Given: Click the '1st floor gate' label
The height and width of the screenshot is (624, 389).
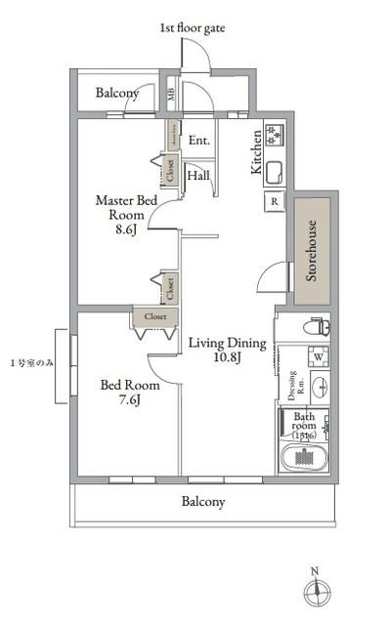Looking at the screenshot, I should click(x=193, y=29).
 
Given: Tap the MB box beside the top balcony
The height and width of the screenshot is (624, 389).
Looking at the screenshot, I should click(x=171, y=95).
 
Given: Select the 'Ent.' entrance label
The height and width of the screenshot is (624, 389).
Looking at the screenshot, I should click(x=199, y=140).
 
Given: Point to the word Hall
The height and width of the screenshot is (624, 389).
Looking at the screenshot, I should click(x=198, y=176).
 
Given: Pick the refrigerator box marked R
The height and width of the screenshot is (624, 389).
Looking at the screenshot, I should click(x=274, y=202).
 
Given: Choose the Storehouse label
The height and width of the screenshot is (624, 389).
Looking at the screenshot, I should click(x=312, y=251).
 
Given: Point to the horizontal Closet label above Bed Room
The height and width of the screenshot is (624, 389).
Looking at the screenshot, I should click(x=155, y=317).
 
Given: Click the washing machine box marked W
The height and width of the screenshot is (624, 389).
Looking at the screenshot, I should click(x=319, y=356).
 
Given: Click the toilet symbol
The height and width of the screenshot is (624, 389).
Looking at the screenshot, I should click(x=315, y=326).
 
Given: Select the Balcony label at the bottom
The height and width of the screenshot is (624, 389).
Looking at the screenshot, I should click(x=203, y=503).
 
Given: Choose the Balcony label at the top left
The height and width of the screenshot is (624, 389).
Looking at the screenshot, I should click(x=116, y=94).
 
